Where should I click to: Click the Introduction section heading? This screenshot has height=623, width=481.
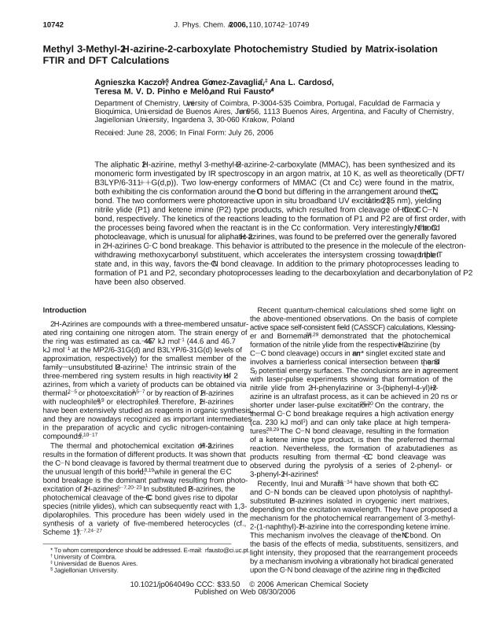pos(64,289)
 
